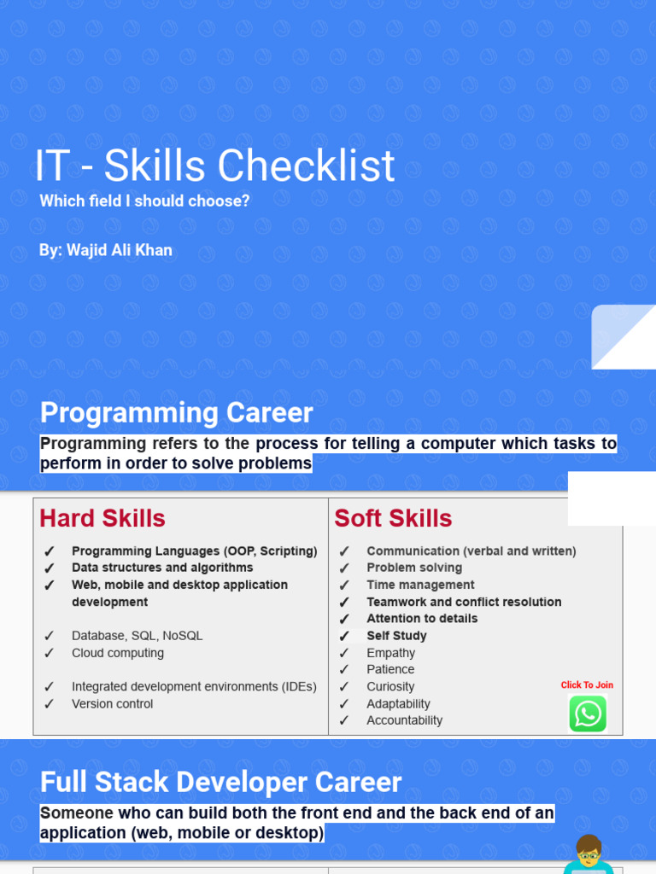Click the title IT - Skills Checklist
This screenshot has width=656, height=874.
(x=214, y=166)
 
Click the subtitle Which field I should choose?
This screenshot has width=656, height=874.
(x=144, y=201)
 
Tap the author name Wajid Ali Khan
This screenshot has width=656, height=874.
(x=106, y=250)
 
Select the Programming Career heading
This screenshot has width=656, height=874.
(x=177, y=413)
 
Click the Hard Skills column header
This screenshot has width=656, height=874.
(x=102, y=519)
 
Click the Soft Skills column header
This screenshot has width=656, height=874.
(x=393, y=519)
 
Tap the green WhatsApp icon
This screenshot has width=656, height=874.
(x=588, y=714)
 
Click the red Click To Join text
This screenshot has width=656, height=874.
(x=587, y=685)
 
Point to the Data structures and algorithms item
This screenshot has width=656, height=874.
(x=162, y=568)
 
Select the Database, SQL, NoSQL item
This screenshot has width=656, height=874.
(x=137, y=636)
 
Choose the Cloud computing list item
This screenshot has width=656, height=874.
(x=118, y=653)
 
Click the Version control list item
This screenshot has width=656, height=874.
(x=112, y=704)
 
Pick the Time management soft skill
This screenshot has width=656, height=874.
(x=420, y=585)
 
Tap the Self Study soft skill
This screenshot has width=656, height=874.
(x=396, y=636)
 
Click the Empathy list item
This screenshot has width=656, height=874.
(x=390, y=653)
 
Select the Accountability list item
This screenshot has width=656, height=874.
(x=404, y=720)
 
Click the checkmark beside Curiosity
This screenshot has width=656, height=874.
(x=344, y=687)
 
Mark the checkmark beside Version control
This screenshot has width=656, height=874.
(x=50, y=704)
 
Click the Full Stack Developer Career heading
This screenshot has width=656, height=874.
(x=220, y=783)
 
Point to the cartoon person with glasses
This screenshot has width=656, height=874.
(x=589, y=854)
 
